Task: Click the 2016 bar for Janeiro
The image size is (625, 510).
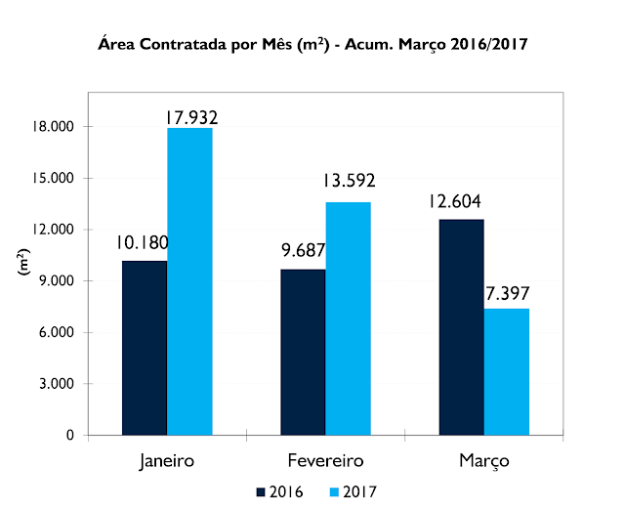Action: pos(145,348)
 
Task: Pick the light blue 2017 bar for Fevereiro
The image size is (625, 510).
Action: pos(348,319)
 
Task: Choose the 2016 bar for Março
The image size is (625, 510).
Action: pos(461,327)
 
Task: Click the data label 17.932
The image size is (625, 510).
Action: pos(189,117)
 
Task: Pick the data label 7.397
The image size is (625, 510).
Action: pos(508,291)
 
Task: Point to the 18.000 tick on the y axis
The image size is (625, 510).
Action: pos(55,127)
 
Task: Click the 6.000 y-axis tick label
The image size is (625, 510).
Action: pos(59,332)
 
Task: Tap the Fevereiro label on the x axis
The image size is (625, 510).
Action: pos(325,459)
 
